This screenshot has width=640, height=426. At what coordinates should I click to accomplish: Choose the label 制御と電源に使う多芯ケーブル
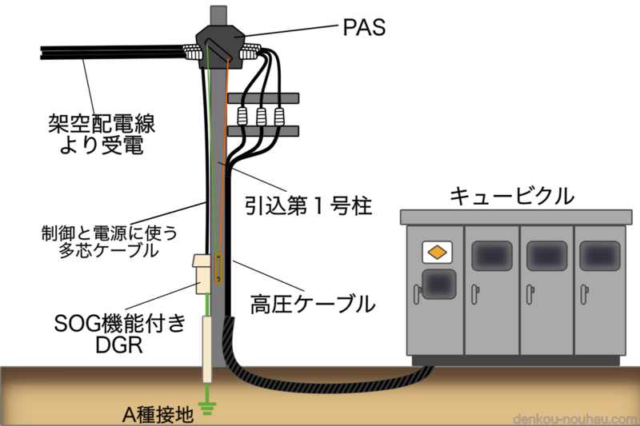click(109, 241)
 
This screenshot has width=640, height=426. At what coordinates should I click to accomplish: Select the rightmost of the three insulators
click(278, 115)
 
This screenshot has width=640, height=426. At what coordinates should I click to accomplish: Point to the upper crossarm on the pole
click(263, 98)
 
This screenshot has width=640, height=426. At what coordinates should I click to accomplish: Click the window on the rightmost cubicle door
click(598, 253)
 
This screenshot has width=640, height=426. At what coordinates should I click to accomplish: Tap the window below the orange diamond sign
click(438, 284)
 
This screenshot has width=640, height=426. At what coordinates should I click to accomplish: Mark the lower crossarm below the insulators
click(263, 129)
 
